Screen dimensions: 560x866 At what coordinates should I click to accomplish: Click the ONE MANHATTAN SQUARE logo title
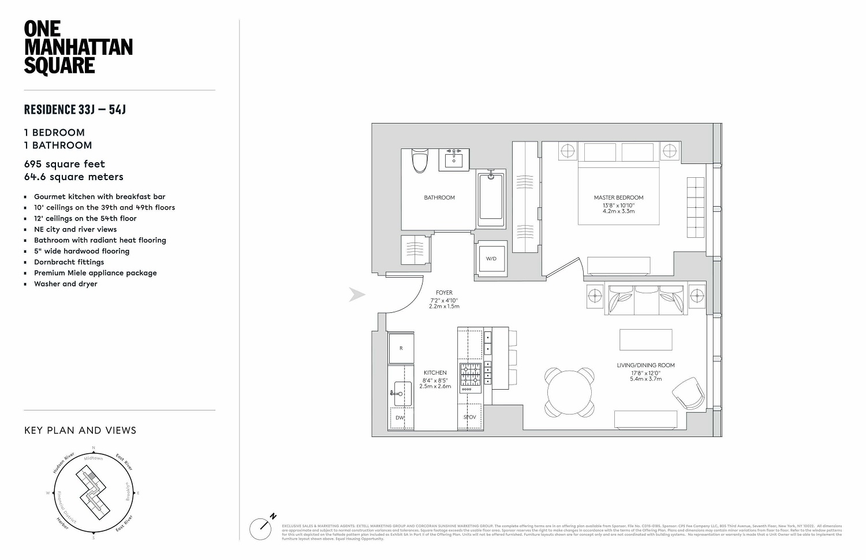click(x=78, y=47)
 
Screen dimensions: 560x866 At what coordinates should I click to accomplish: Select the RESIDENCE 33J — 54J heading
click(x=74, y=109)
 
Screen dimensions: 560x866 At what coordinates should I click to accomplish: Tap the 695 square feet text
click(x=64, y=164)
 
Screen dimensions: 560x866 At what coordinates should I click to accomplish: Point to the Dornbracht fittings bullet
click(x=69, y=262)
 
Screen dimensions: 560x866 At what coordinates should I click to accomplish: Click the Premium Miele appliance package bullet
click(x=95, y=273)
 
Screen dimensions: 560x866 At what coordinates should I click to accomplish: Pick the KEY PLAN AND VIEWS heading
click(x=80, y=430)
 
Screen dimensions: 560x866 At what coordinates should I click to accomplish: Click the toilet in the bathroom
click(x=420, y=160)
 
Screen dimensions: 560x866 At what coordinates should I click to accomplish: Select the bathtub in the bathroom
click(x=491, y=198)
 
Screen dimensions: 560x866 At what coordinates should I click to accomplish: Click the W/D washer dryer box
click(x=491, y=258)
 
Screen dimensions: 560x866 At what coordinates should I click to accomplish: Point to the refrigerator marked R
click(x=401, y=348)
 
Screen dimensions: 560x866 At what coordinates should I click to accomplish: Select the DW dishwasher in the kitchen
click(x=400, y=417)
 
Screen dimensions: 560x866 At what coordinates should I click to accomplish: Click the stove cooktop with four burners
click(x=470, y=374)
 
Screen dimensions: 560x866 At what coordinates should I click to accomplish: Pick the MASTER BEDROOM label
click(x=618, y=197)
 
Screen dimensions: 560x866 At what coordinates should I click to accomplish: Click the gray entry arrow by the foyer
click(x=357, y=295)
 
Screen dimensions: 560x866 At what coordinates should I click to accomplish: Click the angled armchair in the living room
click(x=688, y=394)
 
